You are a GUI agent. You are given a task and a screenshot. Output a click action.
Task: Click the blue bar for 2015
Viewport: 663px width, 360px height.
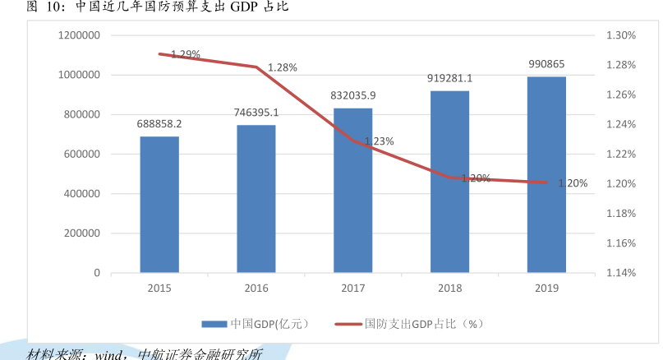[x=159, y=204]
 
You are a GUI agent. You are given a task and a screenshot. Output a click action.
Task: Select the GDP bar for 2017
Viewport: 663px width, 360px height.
[x=353, y=190]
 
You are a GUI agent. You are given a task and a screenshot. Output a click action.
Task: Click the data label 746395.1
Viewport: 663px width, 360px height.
[x=256, y=113]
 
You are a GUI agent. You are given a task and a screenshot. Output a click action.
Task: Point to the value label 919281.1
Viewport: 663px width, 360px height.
[x=449, y=79]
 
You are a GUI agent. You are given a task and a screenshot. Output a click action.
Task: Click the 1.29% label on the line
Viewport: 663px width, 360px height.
[x=186, y=54]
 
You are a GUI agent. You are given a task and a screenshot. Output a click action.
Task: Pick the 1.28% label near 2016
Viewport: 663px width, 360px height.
[x=282, y=67]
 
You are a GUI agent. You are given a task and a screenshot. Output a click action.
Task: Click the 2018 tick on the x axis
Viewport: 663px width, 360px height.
[x=449, y=288]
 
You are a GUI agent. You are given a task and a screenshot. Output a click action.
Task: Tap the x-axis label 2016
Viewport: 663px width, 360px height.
[x=256, y=288]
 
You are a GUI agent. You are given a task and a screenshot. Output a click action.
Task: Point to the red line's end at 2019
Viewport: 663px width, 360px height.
[x=546, y=182]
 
